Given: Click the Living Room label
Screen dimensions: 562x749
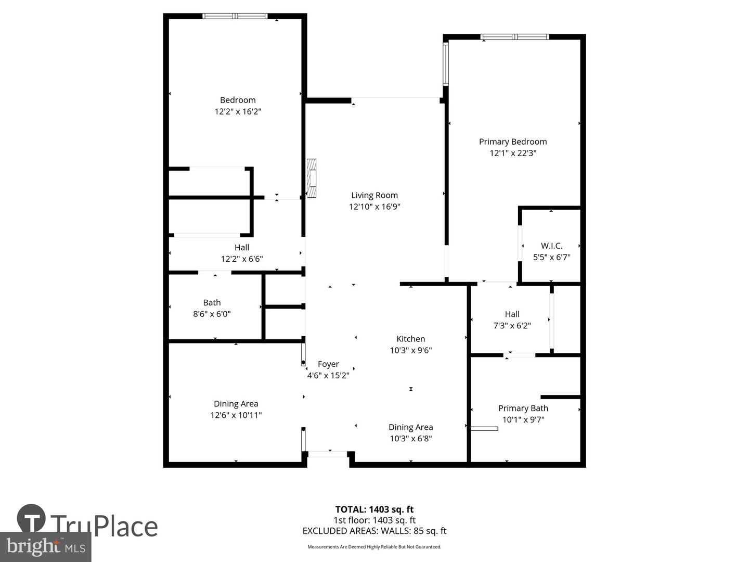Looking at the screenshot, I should [x=374, y=195].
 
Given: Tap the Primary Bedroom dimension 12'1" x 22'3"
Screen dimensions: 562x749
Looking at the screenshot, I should [x=512, y=153].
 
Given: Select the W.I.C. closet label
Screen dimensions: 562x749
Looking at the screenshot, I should [x=551, y=246].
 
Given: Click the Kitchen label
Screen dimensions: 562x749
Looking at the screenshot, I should [x=410, y=339].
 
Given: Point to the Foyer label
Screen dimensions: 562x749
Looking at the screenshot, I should [x=328, y=364].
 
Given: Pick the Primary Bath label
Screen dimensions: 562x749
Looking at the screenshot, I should [x=523, y=408].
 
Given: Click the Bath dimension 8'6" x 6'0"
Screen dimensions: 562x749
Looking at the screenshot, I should [x=212, y=314].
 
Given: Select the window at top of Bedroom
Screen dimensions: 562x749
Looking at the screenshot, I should [x=235, y=16].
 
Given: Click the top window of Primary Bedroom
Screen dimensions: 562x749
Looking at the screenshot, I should [x=514, y=37].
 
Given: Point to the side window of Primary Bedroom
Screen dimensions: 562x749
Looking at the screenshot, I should [x=446, y=64].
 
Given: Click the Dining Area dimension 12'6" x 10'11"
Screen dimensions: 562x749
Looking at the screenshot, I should [x=236, y=415].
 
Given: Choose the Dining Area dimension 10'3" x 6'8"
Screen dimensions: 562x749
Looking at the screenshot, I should [x=410, y=439].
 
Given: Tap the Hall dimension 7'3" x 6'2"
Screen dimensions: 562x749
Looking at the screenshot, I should [x=512, y=326].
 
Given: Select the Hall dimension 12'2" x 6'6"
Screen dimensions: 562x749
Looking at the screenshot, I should [x=242, y=259].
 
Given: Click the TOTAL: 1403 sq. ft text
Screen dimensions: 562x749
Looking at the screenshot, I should [x=374, y=509].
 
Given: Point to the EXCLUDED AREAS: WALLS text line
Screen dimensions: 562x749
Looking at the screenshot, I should [x=374, y=531].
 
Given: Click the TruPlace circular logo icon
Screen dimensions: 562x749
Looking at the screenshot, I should [x=31, y=518].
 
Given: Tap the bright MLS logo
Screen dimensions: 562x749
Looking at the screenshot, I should [x=46, y=547].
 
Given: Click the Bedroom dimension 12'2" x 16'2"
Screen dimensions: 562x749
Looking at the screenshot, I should [x=238, y=111].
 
